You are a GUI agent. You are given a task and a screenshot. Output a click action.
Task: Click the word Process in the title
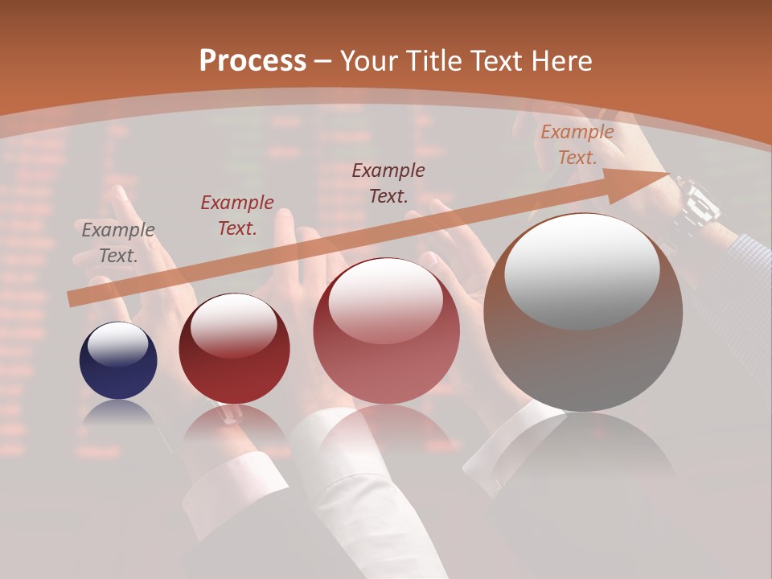[x=253, y=60]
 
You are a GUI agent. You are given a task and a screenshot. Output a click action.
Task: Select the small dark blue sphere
[x=118, y=360]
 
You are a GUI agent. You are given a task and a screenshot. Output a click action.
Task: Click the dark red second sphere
[x=234, y=348]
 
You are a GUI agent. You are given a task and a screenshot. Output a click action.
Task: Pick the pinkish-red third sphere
[x=387, y=331]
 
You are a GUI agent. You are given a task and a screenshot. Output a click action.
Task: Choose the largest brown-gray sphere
[x=583, y=313]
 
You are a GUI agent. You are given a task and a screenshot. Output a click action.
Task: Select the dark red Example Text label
[x=237, y=216]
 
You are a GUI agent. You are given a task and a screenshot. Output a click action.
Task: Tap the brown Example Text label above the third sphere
[x=388, y=183]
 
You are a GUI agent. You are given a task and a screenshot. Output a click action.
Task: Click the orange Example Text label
[x=577, y=145]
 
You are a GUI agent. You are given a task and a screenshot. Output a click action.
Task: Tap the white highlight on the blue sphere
[x=117, y=344]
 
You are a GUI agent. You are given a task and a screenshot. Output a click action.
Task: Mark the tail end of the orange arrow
[x=72, y=299]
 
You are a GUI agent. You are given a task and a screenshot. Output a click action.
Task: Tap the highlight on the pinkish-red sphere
[x=385, y=300]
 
